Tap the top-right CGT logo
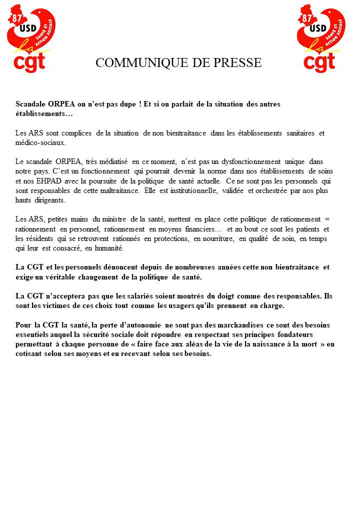[x=321, y=38]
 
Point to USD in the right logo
[x=318, y=28]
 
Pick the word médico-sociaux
[x=40, y=142]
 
